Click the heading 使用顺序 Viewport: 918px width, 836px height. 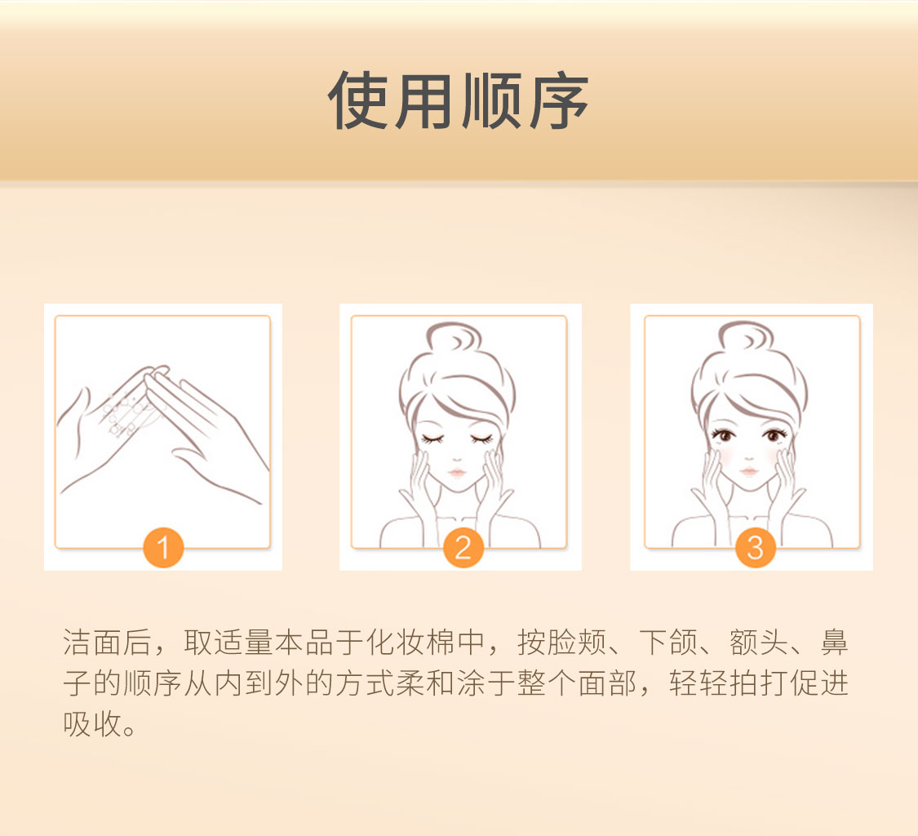tap(458, 100)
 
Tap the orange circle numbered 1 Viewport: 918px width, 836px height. tap(163, 547)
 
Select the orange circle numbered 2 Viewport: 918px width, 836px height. tap(463, 547)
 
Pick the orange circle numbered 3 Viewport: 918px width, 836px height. tap(756, 547)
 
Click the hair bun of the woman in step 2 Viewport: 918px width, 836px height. tap(453, 337)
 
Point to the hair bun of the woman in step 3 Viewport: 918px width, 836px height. tap(745, 336)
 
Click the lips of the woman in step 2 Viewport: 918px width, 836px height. tap(457, 472)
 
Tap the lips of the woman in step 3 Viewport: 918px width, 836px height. tap(749, 471)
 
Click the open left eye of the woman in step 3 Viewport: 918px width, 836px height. tap(774, 435)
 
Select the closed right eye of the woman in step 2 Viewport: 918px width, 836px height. tap(432, 438)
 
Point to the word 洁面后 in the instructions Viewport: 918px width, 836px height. tap(107, 643)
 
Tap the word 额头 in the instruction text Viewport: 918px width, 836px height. tap(759, 643)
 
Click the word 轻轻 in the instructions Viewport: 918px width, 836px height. tap(699, 683)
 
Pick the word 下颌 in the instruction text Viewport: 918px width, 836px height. tap(668, 643)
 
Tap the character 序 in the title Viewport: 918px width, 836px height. tap(558, 100)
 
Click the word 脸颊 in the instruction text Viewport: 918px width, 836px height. tap(577, 643)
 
